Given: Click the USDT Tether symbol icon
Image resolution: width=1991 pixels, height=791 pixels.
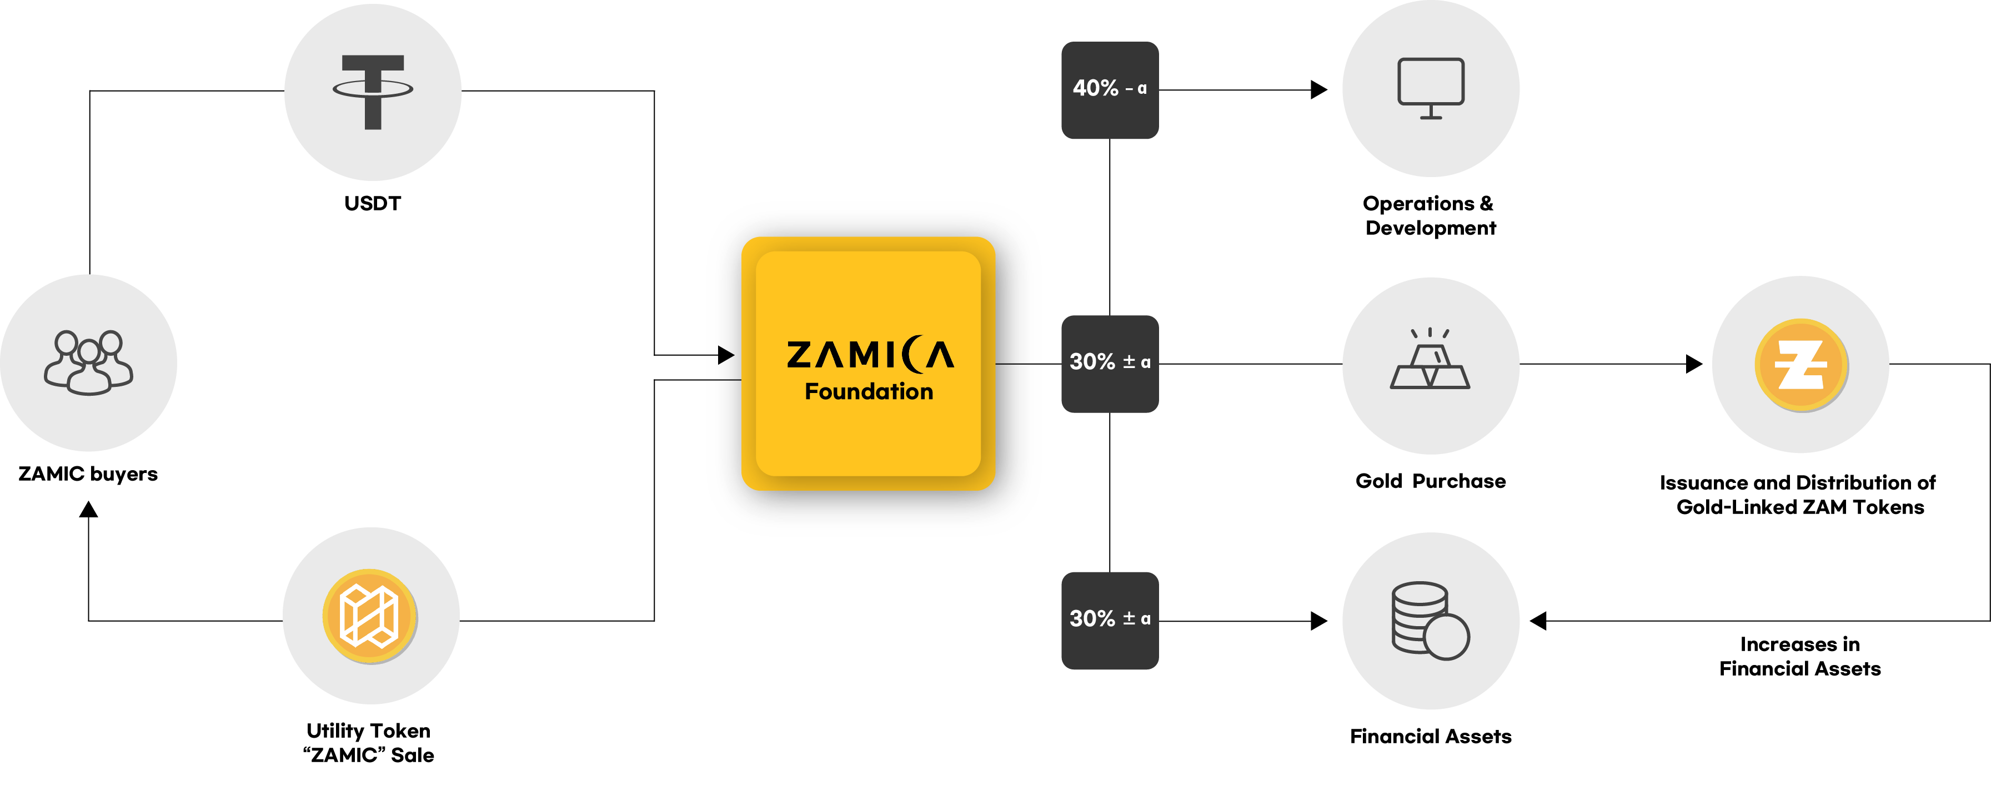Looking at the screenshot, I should click(x=373, y=91).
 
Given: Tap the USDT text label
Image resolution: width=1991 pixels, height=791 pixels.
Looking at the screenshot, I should click(x=373, y=203).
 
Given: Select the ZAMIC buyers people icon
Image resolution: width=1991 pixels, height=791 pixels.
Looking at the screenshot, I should click(x=88, y=362).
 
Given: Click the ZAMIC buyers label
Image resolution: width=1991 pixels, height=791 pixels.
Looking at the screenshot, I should click(x=88, y=473).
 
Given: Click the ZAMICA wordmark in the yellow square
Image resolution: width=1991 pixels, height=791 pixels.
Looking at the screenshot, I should click(x=870, y=355).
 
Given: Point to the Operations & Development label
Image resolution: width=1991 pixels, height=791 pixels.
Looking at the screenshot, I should click(x=1430, y=215).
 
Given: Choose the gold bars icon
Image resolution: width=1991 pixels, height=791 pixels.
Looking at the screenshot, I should click(x=1430, y=359).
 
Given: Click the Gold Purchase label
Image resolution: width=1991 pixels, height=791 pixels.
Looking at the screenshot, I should click(x=1430, y=481).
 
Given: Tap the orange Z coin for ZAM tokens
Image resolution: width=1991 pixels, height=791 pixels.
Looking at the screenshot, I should click(x=1801, y=365).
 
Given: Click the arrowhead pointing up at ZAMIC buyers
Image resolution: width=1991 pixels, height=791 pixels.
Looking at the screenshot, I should click(x=89, y=509).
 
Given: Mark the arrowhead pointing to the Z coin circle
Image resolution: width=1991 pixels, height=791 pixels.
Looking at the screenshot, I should click(x=1694, y=363).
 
